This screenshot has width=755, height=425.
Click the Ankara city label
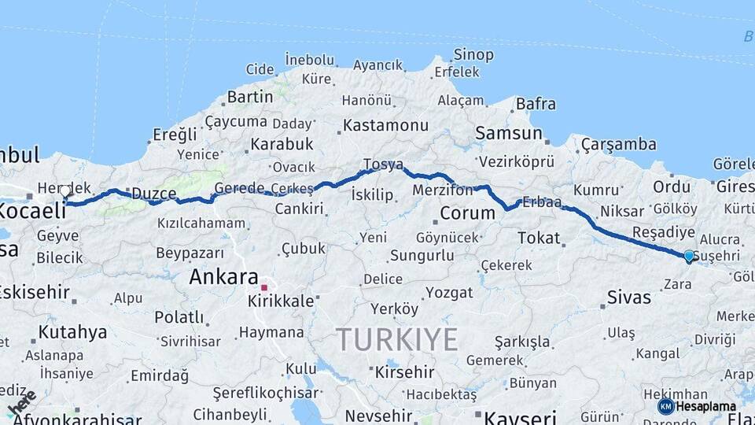tap(224, 277)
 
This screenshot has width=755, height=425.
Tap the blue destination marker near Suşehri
tap(689, 256)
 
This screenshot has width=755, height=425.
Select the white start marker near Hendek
tap(66, 191)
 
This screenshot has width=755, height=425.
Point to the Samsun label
tap(509, 133)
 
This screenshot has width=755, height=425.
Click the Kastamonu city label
tap(385, 125)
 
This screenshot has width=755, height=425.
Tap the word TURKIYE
tap(397, 339)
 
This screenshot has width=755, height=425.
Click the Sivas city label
tap(629, 297)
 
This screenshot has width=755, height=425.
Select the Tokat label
tap(539, 238)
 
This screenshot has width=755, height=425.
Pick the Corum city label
tap(467, 213)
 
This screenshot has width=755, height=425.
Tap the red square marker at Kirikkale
tap(265, 287)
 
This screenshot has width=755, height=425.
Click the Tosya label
tap(383, 164)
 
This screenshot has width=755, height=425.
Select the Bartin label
tap(249, 98)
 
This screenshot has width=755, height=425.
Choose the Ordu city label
tap(672, 187)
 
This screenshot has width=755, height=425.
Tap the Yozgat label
tap(449, 293)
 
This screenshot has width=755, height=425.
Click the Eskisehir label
tap(33, 291)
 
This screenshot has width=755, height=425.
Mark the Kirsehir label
tap(404, 371)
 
